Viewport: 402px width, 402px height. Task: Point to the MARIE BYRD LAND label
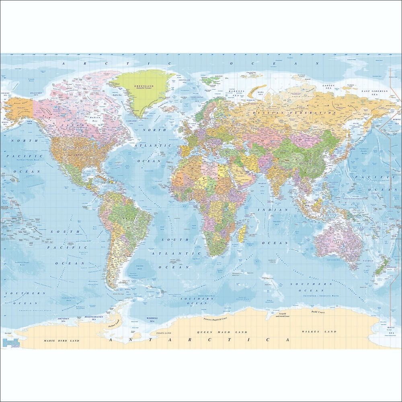coord(61,340)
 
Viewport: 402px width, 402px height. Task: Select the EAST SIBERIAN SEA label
coord(374,91)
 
